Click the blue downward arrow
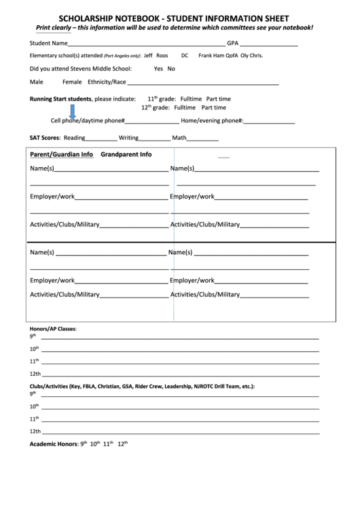pyautogui.click(x=73, y=111)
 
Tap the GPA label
pyautogui.click(x=233, y=43)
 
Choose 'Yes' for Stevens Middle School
pyautogui.click(x=158, y=69)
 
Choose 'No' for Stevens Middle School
pyautogui.click(x=171, y=69)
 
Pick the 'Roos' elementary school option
pyautogui.click(x=162, y=56)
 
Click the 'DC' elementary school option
pyautogui.click(x=185, y=56)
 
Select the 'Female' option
pyautogui.click(x=71, y=82)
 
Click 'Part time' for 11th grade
pyautogui.click(x=219, y=99)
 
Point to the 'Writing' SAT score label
pyautogui.click(x=128, y=137)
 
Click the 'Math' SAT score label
pyautogui.click(x=179, y=137)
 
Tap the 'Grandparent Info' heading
pyautogui.click(x=126, y=154)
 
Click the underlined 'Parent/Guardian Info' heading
pyautogui.click(x=61, y=154)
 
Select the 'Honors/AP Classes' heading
pyautogui.click(x=52, y=328)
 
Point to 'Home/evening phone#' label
pyautogui.click(x=212, y=121)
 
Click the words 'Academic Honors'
pyautogui.click(x=53, y=444)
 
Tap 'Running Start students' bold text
pyautogui.click(x=60, y=99)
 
